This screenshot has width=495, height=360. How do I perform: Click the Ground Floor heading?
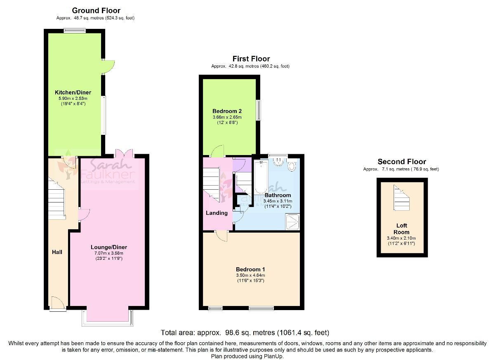click(x=96, y=10)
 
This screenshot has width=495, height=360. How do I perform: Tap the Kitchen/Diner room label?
click(x=73, y=92)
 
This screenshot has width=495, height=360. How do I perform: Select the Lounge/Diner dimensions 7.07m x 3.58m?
click(x=109, y=253)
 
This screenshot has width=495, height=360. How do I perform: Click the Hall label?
click(x=57, y=252)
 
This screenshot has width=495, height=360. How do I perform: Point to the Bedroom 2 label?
click(x=227, y=111)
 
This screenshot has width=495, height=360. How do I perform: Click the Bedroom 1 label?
click(x=250, y=269)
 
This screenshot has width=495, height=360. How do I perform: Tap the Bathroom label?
click(x=278, y=195)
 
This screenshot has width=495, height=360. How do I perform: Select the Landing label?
click(x=217, y=213)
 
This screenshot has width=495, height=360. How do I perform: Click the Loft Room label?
click(x=401, y=229)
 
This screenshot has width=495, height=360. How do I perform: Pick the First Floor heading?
click(x=251, y=59)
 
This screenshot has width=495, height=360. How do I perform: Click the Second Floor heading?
click(x=402, y=162)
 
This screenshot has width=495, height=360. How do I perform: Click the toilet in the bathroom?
click(x=292, y=166)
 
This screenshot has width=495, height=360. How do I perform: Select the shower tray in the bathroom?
click(x=292, y=221)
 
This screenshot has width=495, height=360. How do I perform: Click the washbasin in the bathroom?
click(x=278, y=162)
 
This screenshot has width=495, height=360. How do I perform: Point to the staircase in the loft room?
click(x=401, y=198)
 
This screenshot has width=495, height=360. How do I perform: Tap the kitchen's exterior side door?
click(x=108, y=67)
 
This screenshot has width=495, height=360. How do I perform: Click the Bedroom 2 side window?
click(x=258, y=110)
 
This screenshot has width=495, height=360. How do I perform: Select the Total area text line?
click(x=245, y=332)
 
